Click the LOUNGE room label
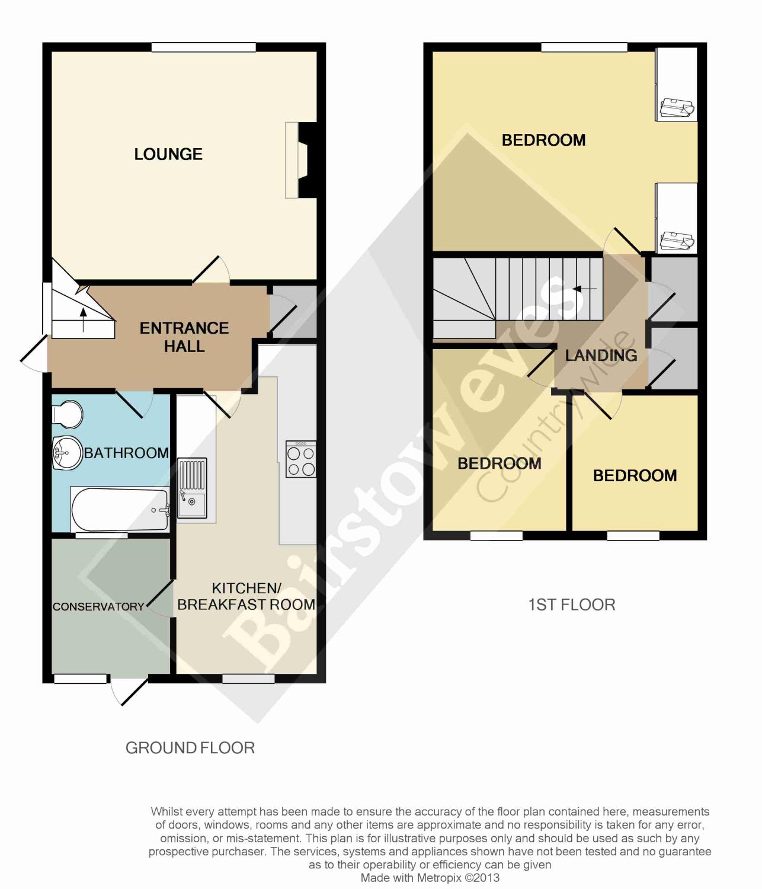(x=168, y=155)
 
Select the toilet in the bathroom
(x=67, y=414)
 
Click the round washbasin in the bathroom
(x=66, y=452)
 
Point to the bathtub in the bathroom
(x=120, y=510)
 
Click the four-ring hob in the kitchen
(x=301, y=459)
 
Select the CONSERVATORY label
(x=98, y=606)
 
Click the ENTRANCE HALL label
(x=184, y=337)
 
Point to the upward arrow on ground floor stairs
(x=84, y=319)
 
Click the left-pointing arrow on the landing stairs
(x=584, y=289)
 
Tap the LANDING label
(x=601, y=355)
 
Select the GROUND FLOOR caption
(x=190, y=748)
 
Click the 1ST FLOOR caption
(x=571, y=605)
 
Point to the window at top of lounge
(x=204, y=47)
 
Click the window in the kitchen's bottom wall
(x=248, y=678)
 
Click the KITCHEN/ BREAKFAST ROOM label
(x=246, y=596)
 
